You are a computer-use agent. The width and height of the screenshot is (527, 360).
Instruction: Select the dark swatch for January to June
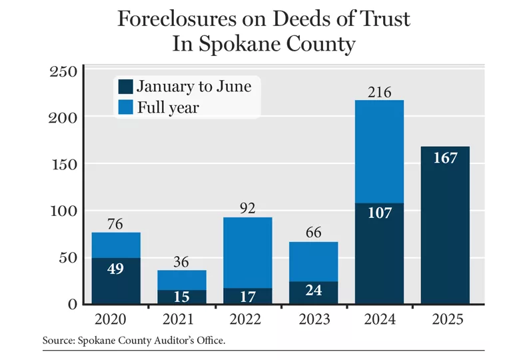[x=125, y=86]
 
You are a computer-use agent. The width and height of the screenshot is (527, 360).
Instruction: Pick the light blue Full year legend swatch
[x=125, y=107]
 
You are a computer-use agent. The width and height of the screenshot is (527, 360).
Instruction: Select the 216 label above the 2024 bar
[x=379, y=91]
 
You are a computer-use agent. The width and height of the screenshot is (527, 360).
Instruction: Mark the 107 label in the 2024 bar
[x=379, y=213]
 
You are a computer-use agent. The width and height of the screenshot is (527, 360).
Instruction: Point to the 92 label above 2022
[x=247, y=208]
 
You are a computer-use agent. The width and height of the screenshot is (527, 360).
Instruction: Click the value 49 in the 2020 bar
[x=116, y=269]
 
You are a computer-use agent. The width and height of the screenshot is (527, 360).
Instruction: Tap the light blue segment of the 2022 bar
[x=247, y=252]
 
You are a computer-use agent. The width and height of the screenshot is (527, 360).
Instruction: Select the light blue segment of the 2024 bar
[x=379, y=151]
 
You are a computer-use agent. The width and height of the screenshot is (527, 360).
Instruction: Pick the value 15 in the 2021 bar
[x=182, y=297]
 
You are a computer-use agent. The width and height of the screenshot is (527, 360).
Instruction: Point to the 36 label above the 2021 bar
[x=182, y=261]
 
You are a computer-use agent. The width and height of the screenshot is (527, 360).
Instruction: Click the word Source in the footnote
[x=59, y=340]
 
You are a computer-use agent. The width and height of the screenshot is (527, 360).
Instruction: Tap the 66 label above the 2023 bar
[x=313, y=233]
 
